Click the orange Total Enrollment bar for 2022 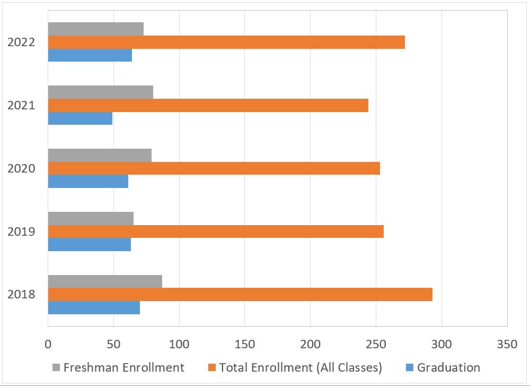[x=226, y=42]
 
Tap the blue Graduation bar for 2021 [x=80, y=118]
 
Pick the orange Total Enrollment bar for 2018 [x=240, y=294]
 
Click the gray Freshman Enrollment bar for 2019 [x=91, y=218]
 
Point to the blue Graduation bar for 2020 [x=88, y=182]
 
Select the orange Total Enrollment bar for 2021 [x=208, y=105]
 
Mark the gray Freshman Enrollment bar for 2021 [x=101, y=92]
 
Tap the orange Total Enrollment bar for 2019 [x=216, y=231]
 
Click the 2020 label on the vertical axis [x=21, y=168]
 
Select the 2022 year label [x=21, y=42]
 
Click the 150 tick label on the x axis [x=245, y=344]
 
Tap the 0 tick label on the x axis [x=48, y=344]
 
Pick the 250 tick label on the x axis [x=376, y=344]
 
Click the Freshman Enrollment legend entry [x=123, y=367]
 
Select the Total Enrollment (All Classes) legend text [x=301, y=367]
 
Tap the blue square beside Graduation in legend [x=408, y=367]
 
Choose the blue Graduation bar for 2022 [x=90, y=55]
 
